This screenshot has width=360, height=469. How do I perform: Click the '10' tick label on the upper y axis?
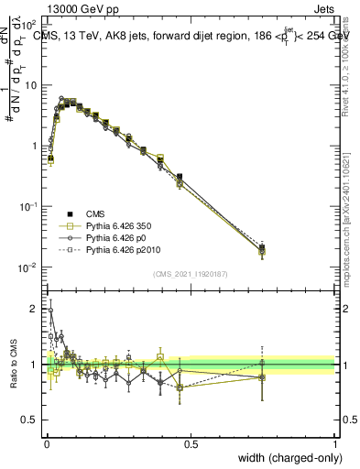(x=33, y=85)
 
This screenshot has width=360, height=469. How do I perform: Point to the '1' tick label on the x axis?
(x=335, y=443)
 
